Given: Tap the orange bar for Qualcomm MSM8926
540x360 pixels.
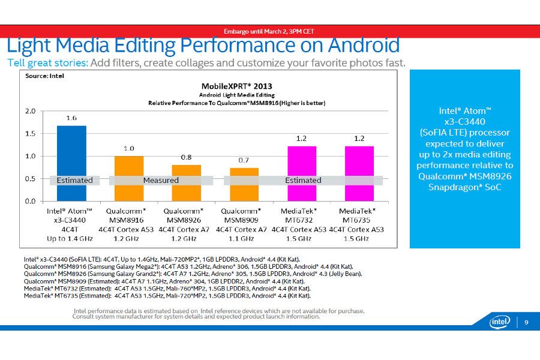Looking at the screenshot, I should point(187,182).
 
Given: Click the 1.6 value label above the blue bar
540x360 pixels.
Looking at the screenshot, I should point(71,118).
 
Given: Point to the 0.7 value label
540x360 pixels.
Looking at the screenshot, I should point(244,161).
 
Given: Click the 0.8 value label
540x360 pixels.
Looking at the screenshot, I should point(187,157).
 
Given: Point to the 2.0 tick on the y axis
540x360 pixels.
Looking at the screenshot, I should point(30,111).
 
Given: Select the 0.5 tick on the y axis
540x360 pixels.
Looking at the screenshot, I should point(30,179).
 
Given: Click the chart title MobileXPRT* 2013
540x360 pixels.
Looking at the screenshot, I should point(237,85).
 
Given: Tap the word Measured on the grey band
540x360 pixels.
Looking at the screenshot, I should point(161,180).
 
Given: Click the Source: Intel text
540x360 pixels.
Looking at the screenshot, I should point(44,76).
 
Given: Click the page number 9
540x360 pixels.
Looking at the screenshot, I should point(526,322).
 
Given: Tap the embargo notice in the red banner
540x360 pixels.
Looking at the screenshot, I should point(269,31).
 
